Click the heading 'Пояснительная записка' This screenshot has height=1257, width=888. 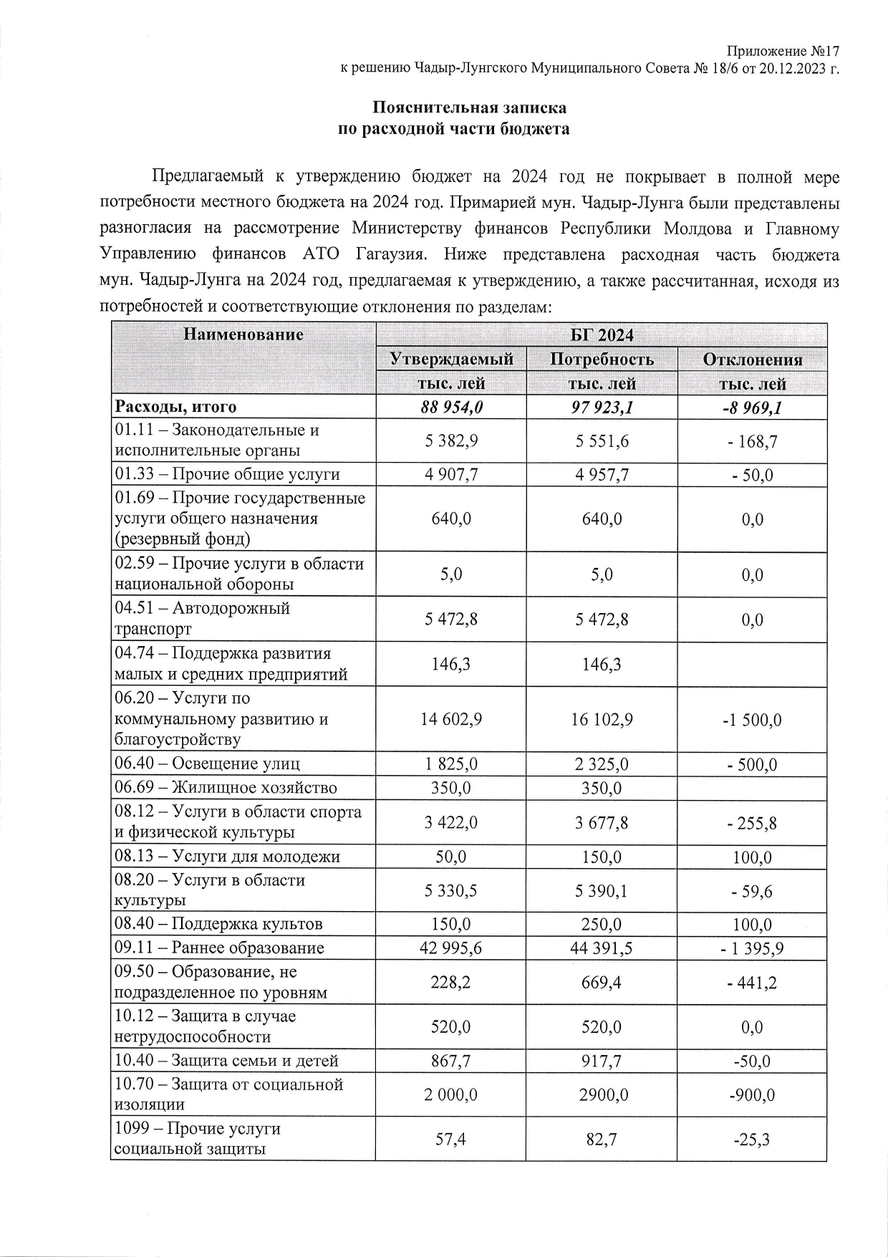tap(469, 108)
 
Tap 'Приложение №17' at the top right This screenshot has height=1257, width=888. tap(782, 52)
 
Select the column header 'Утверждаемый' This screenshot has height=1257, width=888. tap(451, 359)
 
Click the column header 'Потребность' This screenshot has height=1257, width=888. tap(602, 359)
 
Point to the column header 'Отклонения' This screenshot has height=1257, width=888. tap(752, 360)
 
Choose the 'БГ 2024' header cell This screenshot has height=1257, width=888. tap(602, 335)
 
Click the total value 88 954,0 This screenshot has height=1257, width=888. tap(451, 407)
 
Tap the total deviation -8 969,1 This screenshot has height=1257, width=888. tap(752, 407)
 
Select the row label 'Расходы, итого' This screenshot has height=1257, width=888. tap(176, 407)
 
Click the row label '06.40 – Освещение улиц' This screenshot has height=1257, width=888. tap(208, 764)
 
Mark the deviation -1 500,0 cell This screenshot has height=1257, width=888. tap(752, 719)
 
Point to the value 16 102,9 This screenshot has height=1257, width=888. tap(602, 719)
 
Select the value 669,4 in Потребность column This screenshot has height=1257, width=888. tap(602, 982)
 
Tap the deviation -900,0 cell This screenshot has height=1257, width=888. tap(752, 1094)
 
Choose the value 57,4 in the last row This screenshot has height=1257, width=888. tap(451, 1139)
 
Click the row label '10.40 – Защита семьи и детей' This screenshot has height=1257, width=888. tap(227, 1061)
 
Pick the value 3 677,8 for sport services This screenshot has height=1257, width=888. tap(602, 822)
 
